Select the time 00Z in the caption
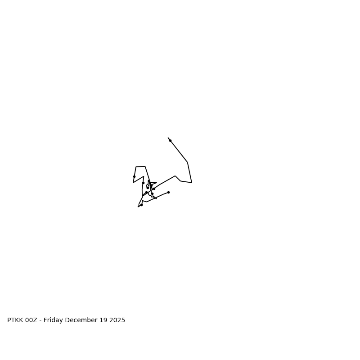pos(31,320)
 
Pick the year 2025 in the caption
pos(117,320)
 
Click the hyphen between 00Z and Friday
pos(41,320)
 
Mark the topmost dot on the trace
pos(170,140)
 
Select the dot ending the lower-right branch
pos(168,192)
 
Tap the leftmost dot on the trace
pos(134,176)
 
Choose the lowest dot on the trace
pos(141,205)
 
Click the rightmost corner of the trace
pos(192,182)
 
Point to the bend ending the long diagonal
pos(188,162)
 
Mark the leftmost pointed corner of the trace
pos(133,182)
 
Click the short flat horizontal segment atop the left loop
pos(140,166)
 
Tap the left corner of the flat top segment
pos(136,167)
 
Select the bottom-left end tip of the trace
pos(138,207)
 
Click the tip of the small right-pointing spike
pos(157,183)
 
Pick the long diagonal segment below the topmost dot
pos(179,152)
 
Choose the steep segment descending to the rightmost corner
pos(189,172)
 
